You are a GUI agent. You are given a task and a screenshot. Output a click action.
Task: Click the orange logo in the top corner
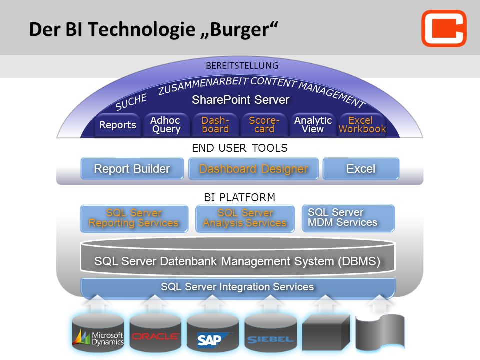click(444, 28)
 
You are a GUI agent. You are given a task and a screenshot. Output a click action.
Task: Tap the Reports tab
click(118, 125)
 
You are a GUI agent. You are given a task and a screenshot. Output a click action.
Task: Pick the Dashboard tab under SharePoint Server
click(215, 125)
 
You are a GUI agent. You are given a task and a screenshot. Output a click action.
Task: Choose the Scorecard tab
click(264, 125)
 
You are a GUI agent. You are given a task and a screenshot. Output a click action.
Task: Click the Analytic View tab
click(313, 125)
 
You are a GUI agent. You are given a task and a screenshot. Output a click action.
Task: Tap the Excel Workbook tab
click(362, 125)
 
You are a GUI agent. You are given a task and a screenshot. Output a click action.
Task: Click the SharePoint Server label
click(240, 100)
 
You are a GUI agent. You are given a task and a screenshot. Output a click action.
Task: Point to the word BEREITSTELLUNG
click(242, 66)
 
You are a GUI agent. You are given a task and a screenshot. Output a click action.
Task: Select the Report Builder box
click(132, 168)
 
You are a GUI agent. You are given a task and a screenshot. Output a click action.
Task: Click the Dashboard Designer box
click(253, 168)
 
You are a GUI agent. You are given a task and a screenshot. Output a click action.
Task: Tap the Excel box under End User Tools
click(361, 168)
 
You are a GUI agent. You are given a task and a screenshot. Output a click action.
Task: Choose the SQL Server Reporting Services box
click(134, 218)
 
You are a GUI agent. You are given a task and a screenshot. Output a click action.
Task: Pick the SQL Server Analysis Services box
click(245, 218)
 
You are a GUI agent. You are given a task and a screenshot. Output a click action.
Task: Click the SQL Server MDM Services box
click(348, 218)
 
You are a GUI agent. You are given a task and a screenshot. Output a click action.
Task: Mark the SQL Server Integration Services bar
click(238, 287)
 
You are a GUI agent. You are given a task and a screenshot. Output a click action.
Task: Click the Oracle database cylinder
click(155, 333)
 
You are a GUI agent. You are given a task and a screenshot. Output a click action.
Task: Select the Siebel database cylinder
click(270, 333)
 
